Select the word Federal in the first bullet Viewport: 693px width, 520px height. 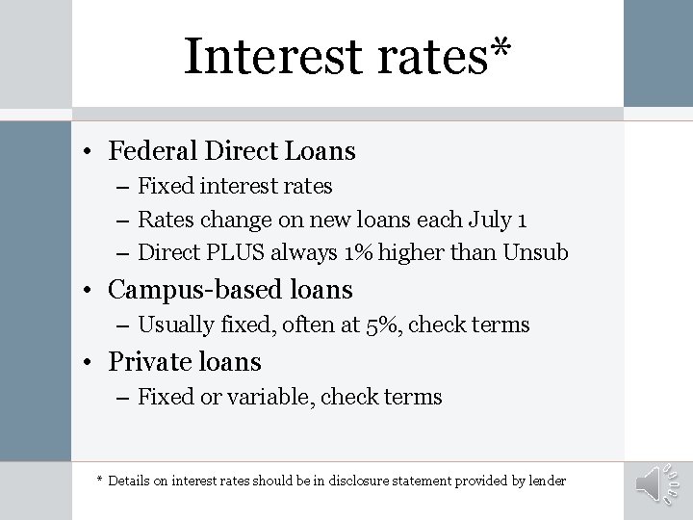point(149,151)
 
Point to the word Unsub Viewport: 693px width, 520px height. point(540,253)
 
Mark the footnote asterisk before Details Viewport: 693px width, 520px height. point(100,480)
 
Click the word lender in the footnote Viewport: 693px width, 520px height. point(543,481)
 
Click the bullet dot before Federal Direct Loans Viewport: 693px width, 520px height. point(88,152)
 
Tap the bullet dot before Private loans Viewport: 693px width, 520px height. point(88,363)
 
